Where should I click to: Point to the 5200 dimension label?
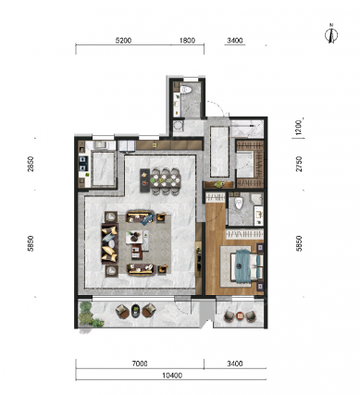point(123,41)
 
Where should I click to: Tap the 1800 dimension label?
point(187,41)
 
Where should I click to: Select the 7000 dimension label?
point(140,364)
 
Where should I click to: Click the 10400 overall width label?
point(172,376)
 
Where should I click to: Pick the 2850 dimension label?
point(31,164)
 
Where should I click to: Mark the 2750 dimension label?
point(299,164)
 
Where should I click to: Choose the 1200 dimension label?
point(298,128)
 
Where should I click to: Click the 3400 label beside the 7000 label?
point(235,364)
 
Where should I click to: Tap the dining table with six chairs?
point(160,181)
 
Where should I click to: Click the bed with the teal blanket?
point(247,265)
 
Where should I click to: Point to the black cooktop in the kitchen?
point(83,164)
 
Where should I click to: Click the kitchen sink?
point(100,145)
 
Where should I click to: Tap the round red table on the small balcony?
point(240,315)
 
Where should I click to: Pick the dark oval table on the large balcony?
point(135,311)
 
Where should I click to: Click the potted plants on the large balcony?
point(89,315)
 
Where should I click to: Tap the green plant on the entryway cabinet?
point(219,184)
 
